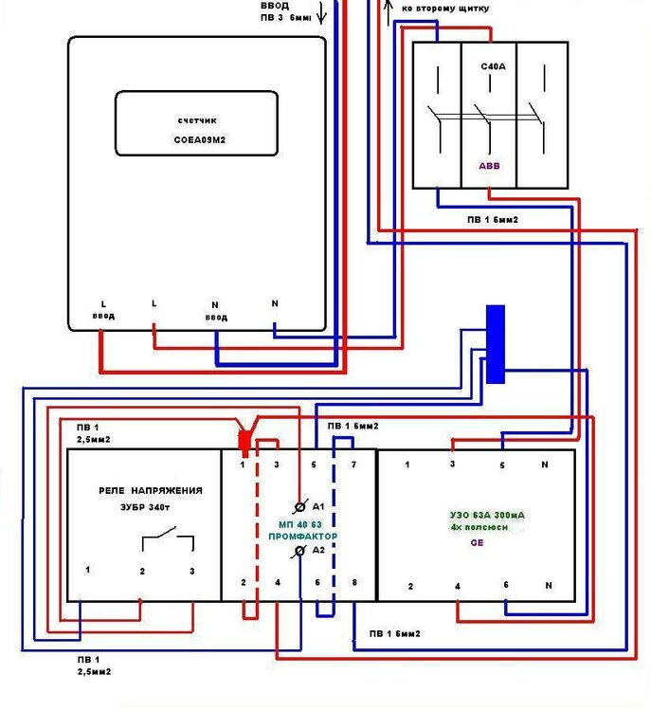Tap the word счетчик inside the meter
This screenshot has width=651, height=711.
tap(198, 120)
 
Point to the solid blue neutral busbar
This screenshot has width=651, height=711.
tap(495, 343)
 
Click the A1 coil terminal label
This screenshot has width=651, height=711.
tap(318, 505)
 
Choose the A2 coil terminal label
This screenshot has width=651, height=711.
tap(318, 550)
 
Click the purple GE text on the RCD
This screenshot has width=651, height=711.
tap(477, 545)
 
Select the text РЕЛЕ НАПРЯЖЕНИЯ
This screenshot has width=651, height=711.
tap(152, 490)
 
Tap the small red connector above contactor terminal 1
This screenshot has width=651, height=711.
tap(244, 440)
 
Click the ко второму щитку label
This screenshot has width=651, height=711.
tap(445, 8)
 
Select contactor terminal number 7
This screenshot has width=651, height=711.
tap(353, 465)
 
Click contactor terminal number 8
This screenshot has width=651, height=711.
tap(354, 583)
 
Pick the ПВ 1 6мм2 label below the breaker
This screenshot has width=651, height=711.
tap(492, 220)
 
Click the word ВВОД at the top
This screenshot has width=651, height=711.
tap(277, 5)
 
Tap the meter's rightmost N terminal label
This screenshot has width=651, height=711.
tap(275, 303)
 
